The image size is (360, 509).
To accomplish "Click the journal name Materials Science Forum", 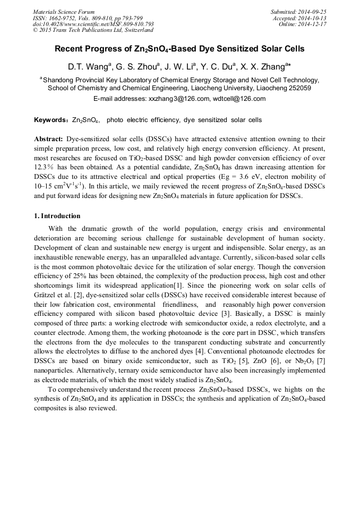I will click(x=64, y=12).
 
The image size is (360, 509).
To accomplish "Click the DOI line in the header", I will click(x=93, y=24).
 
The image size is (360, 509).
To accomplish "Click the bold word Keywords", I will click(x=51, y=120).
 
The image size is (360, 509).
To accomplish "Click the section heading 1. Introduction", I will click(x=57, y=216).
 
